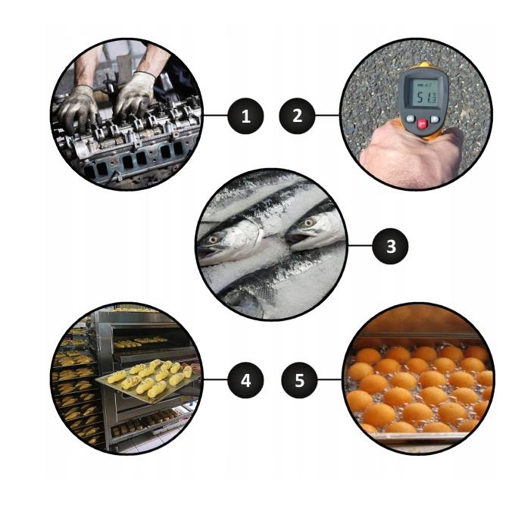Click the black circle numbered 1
pyautogui.click(x=245, y=116)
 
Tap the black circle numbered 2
pyautogui.click(x=297, y=116)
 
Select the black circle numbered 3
pyautogui.click(x=390, y=246)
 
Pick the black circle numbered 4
pyautogui.click(x=245, y=380)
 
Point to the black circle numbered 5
pyautogui.click(x=299, y=380)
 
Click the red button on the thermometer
pyautogui.click(x=422, y=123)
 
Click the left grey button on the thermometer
pyautogui.click(x=411, y=119)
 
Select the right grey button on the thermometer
pyautogui.click(x=435, y=119)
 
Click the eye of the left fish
pyautogui.click(x=214, y=239)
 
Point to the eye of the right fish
pyautogui.click(x=308, y=223)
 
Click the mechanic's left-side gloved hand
pyautogui.click(x=77, y=107)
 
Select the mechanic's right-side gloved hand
pyautogui.click(x=135, y=94)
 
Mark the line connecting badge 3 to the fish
pyautogui.click(x=361, y=245)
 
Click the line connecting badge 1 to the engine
pyautogui.click(x=216, y=115)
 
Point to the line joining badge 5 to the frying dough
pyautogui.click(x=329, y=379)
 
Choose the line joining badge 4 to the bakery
pyautogui.click(x=216, y=379)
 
